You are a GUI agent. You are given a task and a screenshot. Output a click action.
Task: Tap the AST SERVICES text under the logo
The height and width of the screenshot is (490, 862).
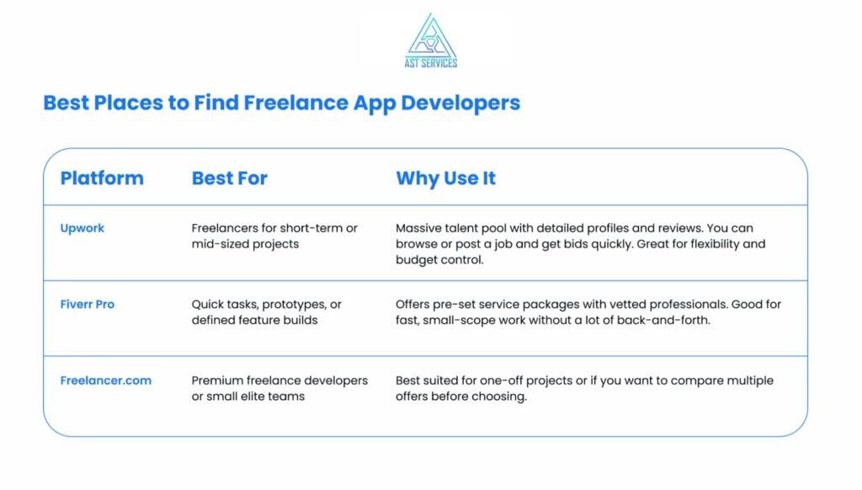click(430, 62)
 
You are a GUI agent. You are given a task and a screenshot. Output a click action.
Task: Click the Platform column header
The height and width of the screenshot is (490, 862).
click(102, 178)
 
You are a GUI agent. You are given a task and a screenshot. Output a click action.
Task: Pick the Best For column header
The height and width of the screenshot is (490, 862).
click(229, 178)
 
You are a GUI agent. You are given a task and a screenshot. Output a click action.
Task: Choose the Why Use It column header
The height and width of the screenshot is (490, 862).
click(445, 178)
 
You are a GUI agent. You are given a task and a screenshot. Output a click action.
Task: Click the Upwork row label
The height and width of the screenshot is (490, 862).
click(82, 228)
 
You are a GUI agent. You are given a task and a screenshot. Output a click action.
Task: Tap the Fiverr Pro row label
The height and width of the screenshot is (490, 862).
click(88, 304)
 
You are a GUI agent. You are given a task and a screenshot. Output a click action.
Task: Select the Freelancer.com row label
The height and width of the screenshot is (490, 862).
click(106, 381)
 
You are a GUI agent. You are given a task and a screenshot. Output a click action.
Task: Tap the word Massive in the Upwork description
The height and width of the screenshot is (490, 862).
click(419, 228)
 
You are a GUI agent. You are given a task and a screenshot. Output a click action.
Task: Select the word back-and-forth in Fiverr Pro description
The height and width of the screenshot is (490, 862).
click(668, 320)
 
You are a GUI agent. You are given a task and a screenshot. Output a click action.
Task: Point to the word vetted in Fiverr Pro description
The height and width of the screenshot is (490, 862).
click(628, 304)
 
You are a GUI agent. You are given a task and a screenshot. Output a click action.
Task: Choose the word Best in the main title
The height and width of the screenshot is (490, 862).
click(67, 104)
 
